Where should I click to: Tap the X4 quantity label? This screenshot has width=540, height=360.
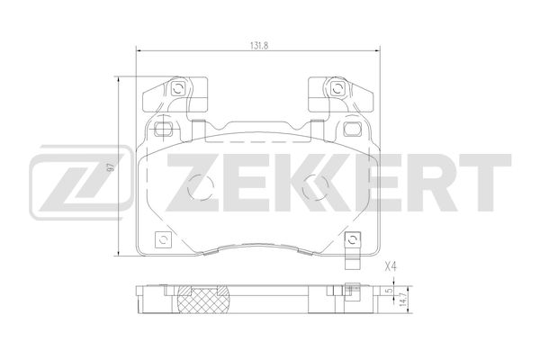pos(390,266)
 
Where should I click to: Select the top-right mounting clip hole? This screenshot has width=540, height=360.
pos(336,88)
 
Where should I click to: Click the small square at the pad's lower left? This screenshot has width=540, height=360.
pos(163,240)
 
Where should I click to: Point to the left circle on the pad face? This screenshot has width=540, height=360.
pos(202,187)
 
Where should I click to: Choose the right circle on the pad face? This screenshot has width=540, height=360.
pos(314,187)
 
